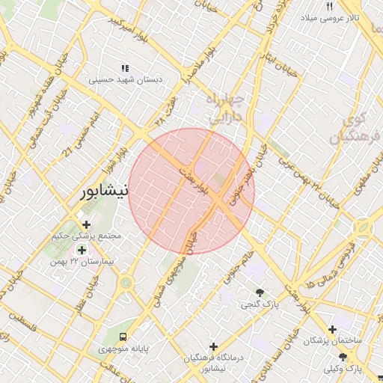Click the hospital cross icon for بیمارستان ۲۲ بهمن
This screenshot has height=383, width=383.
81,250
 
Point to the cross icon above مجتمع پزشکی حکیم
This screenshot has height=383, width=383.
87,224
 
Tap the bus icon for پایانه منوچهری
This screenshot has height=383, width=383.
123,337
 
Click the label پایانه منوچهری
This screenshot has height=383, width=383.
123,349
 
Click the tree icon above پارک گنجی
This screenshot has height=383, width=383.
260,292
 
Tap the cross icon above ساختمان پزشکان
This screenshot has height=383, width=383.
332,329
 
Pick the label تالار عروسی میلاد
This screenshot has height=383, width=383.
330,17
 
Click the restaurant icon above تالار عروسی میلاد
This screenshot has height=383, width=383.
330,6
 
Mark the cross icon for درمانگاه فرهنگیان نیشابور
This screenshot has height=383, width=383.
214,346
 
